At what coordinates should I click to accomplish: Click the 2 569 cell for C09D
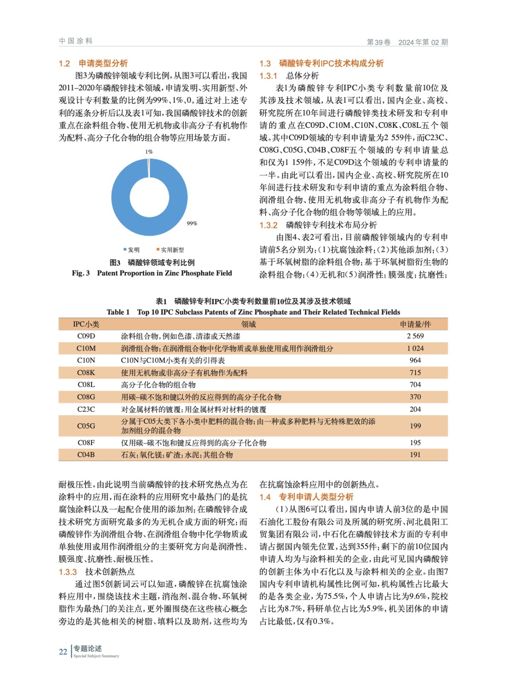pyautogui.click(x=415, y=336)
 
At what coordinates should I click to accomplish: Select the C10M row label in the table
pyautogui.click(x=86, y=348)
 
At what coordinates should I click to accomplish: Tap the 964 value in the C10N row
pyautogui.click(x=415, y=360)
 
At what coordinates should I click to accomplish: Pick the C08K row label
pyautogui.click(x=86, y=373)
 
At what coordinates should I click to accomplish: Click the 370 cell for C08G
pyautogui.click(x=415, y=397)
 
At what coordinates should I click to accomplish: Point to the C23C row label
pyautogui.click(x=86, y=409)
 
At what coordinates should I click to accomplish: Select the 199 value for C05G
pyautogui.click(x=415, y=426)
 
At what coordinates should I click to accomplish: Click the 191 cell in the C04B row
pyautogui.click(x=415, y=455)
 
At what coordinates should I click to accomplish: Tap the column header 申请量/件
pyautogui.click(x=415, y=324)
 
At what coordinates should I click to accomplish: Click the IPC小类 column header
pyautogui.click(x=86, y=324)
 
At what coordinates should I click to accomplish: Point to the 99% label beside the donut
pyautogui.click(x=192, y=224)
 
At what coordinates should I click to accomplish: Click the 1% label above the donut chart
pyautogui.click(x=149, y=152)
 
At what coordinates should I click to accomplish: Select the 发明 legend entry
pyautogui.click(x=132, y=250)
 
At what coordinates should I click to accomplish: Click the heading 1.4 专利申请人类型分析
pyautogui.click(x=306, y=497)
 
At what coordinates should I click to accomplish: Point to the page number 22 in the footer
pyautogui.click(x=63, y=652)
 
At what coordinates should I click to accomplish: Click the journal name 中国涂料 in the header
pyautogui.click(x=76, y=41)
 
